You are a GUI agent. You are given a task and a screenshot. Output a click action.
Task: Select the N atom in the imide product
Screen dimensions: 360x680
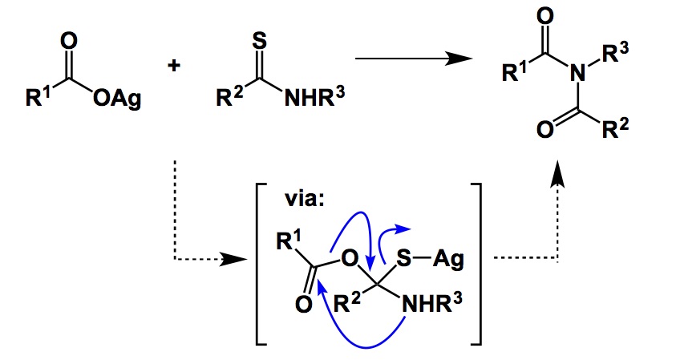pyautogui.click(x=574, y=75)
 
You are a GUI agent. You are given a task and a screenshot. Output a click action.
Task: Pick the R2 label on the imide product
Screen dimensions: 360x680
pyautogui.click(x=625, y=131)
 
